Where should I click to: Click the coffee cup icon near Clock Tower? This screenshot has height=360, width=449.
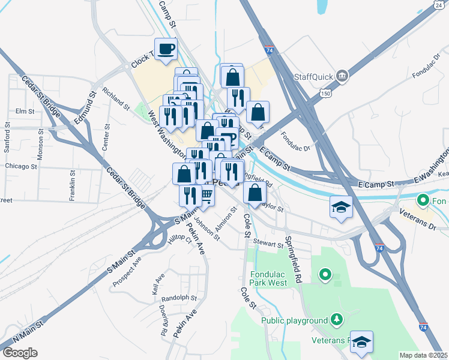coord(166,49)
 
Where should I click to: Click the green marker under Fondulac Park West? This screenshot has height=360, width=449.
coord(325,275)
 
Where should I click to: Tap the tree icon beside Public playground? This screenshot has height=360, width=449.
coord(337,319)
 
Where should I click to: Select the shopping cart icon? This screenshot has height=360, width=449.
coord(206,194)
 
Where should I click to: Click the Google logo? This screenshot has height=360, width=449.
coord(20,353)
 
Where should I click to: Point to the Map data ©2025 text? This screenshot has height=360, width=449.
coord(424,355)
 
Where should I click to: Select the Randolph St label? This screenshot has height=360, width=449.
coord(179,298)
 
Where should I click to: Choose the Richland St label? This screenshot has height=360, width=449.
coord(116,99)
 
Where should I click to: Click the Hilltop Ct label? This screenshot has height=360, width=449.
coord(179,239)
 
